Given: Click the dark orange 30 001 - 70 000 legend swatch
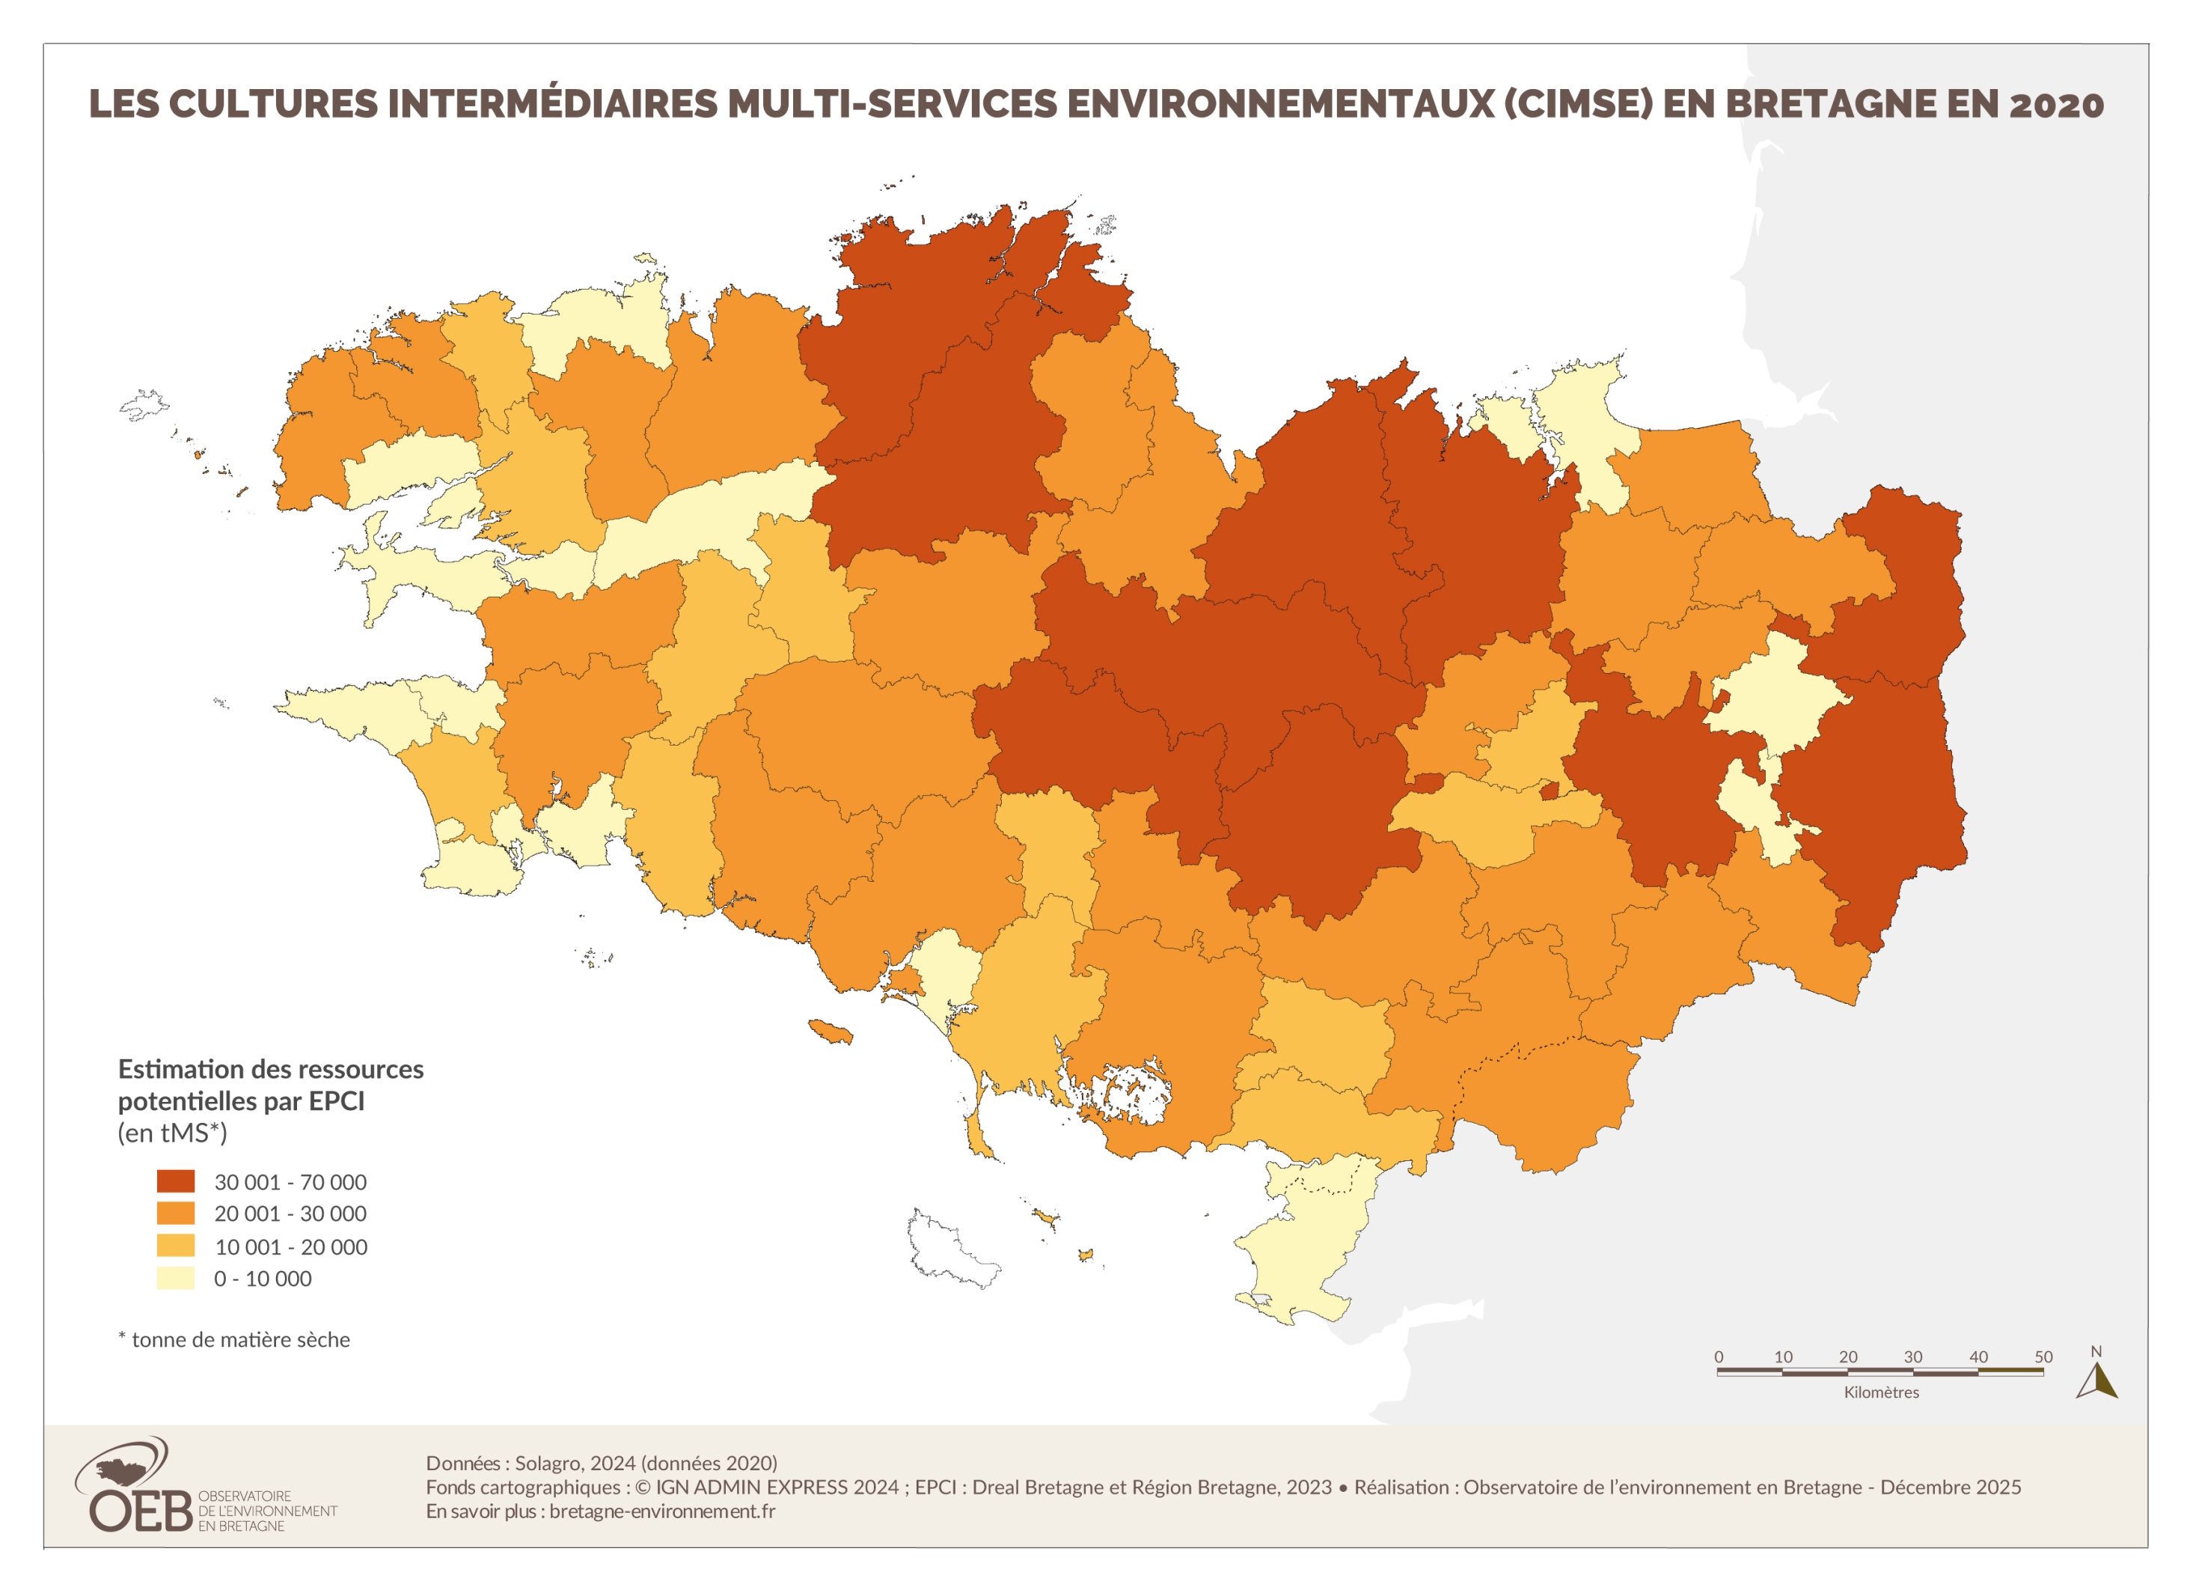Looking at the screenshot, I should click(x=176, y=1181).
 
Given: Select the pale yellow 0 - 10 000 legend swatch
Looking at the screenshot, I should click(x=176, y=1278).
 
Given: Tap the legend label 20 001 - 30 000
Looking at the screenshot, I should click(x=290, y=1213).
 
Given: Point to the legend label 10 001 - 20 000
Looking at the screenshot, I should click(x=290, y=1246).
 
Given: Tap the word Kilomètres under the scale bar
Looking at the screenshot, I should click(x=1881, y=1392).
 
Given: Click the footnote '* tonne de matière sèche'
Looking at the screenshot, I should click(x=234, y=1339).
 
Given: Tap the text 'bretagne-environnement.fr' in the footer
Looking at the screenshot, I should click(x=661, y=1511).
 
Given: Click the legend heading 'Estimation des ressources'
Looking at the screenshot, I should click(x=271, y=1069).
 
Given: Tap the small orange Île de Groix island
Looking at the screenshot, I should click(x=831, y=1031).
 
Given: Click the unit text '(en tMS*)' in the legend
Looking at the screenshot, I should click(x=172, y=1133).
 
